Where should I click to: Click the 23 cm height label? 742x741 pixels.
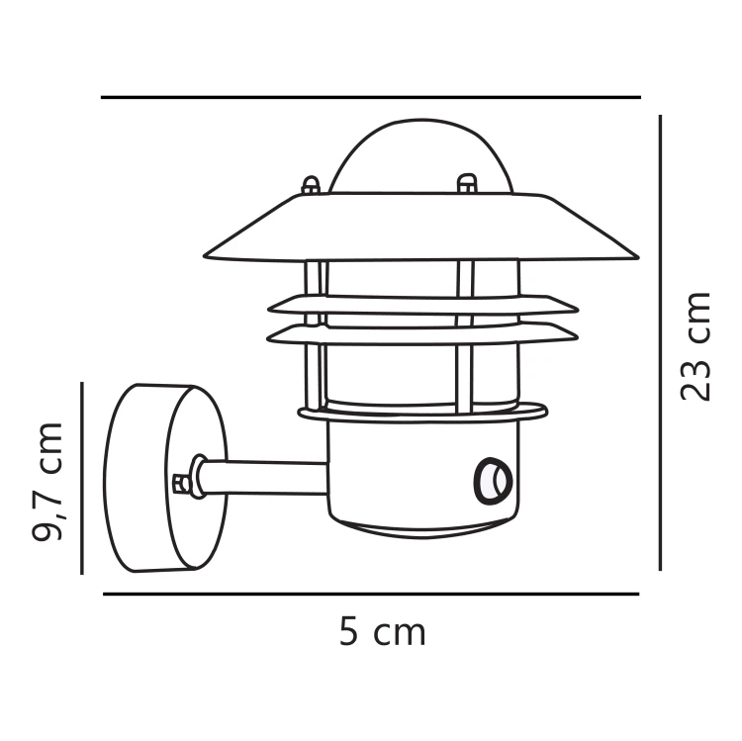click(696, 345)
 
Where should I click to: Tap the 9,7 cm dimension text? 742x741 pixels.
click(47, 482)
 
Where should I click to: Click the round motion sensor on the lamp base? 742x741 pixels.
click(493, 480)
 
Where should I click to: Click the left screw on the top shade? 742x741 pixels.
click(310, 185)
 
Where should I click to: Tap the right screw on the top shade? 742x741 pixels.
click(466, 183)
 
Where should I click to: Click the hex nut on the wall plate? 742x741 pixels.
click(181, 483)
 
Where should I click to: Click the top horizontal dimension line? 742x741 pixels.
click(371, 98)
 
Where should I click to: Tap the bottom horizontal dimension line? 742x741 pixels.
click(371, 595)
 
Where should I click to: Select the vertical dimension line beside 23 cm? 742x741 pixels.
click(660, 342)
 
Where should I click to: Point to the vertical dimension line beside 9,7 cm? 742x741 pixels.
click(82, 478)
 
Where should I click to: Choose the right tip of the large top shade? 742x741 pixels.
click(633, 256)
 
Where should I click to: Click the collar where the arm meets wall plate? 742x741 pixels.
click(200, 477)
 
